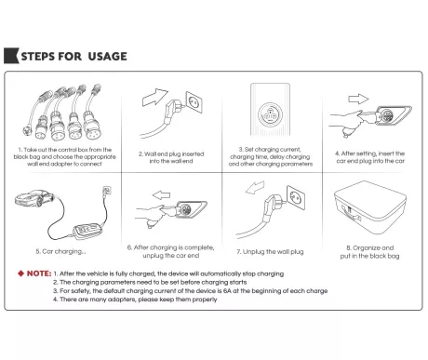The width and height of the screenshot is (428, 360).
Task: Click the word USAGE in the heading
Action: point(107,56)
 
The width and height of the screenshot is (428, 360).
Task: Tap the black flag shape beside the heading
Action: point(10,56)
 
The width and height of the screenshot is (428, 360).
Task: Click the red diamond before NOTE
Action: point(20,273)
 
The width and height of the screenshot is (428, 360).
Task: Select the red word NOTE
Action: point(39,273)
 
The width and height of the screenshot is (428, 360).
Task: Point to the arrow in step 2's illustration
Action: point(154,97)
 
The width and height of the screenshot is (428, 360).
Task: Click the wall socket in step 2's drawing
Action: point(194,102)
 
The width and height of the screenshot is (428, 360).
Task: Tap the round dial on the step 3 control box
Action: point(270,114)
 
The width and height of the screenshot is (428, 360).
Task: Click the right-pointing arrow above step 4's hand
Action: point(358,99)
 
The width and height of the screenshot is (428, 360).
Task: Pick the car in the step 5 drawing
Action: point(33,198)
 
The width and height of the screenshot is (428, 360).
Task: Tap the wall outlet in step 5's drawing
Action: point(107,190)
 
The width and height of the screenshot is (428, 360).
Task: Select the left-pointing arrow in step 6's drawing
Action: point(161,195)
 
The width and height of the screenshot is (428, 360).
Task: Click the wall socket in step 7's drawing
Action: point(296,197)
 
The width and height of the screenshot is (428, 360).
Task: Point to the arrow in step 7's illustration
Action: point(255,187)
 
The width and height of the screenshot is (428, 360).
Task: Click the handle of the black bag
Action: point(352,213)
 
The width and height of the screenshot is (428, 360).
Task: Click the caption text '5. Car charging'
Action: point(60,251)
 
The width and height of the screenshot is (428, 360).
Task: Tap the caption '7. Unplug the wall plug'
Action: point(270,252)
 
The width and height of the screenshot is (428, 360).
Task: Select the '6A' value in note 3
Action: point(227,291)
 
